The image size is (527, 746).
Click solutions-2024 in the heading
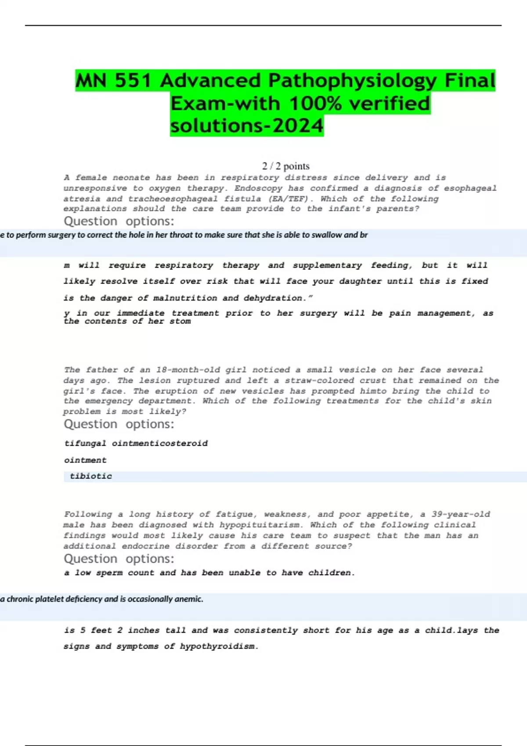(x=247, y=126)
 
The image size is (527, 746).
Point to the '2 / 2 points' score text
(x=286, y=166)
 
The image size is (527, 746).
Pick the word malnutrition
(x=185, y=298)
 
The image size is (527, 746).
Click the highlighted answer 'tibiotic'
(x=91, y=477)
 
